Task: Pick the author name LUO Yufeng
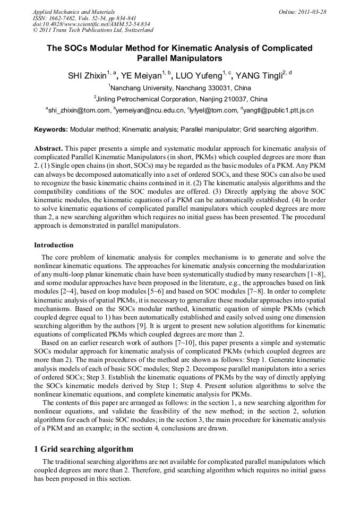201,75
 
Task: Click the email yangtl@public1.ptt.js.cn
278,110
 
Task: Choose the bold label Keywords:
51,129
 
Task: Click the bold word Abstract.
48,148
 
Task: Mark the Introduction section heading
54,245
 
